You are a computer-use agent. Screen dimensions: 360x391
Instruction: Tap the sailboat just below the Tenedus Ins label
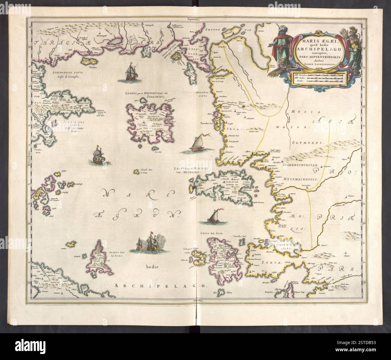[x=198, y=144]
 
